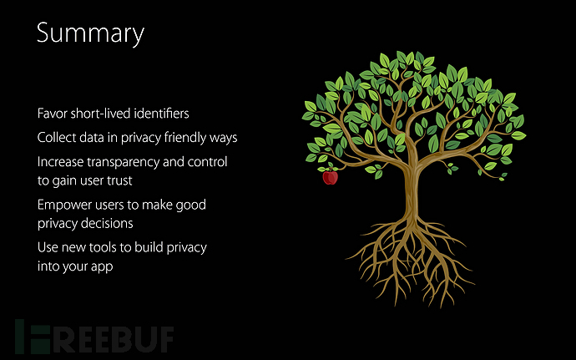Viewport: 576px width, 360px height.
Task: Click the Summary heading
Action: [90, 34]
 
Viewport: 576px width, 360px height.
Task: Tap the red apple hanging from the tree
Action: [330, 177]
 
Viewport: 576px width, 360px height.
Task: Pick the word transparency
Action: [123, 162]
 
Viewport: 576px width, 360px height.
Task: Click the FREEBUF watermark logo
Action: [94, 337]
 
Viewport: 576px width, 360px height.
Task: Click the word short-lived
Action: [100, 114]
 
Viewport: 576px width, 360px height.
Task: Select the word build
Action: [149, 247]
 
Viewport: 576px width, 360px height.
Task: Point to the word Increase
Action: [61, 162]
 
